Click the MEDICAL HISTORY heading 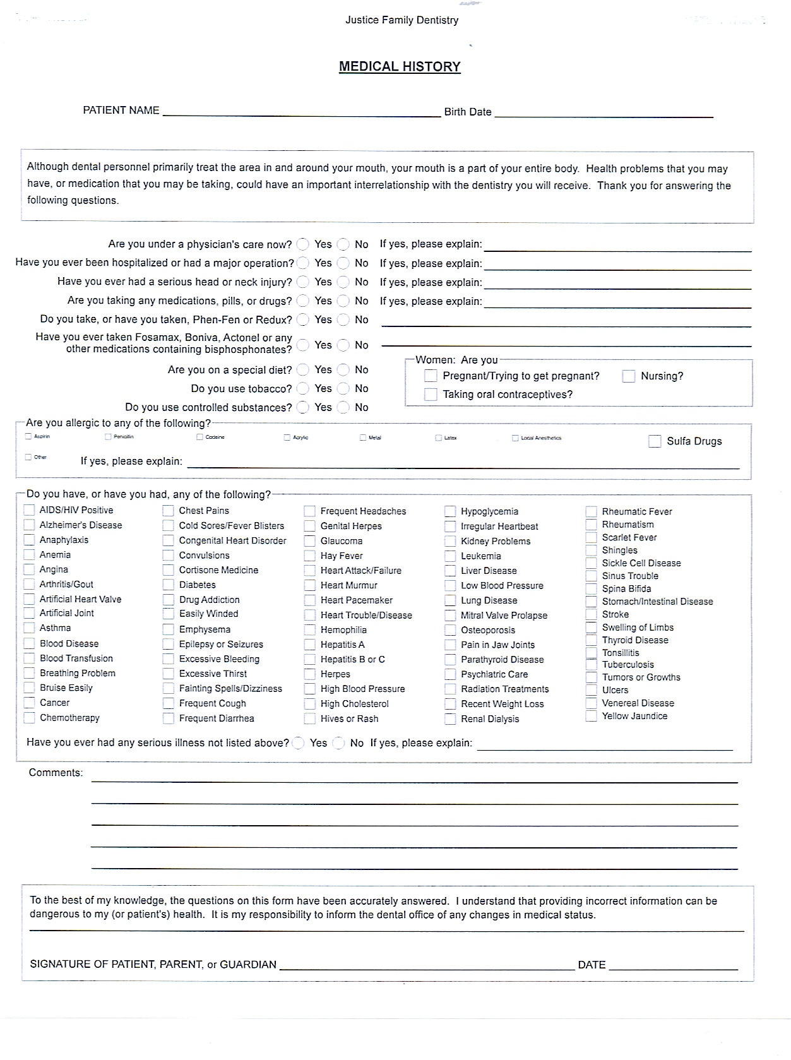pyautogui.click(x=400, y=66)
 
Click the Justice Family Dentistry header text pyautogui.click(x=401, y=20)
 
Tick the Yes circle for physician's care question pyautogui.click(x=304, y=244)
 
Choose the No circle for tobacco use pyautogui.click(x=343, y=389)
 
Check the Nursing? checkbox pyautogui.click(x=628, y=376)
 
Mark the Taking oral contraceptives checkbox pyautogui.click(x=431, y=395)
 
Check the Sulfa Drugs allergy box pyautogui.click(x=655, y=441)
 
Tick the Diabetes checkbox pyautogui.click(x=169, y=585)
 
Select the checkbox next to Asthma pyautogui.click(x=29, y=628)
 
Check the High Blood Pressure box pyautogui.click(x=309, y=689)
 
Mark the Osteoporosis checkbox pyautogui.click(x=450, y=630)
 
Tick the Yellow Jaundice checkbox pyautogui.click(x=591, y=717)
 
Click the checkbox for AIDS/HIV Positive pyautogui.click(x=29, y=510)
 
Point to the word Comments pyautogui.click(x=56, y=773)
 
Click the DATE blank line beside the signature pyautogui.click(x=673, y=965)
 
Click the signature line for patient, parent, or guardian pyautogui.click(x=427, y=965)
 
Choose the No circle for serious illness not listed pyautogui.click(x=339, y=744)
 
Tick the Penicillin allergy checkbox pyautogui.click(x=108, y=437)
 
